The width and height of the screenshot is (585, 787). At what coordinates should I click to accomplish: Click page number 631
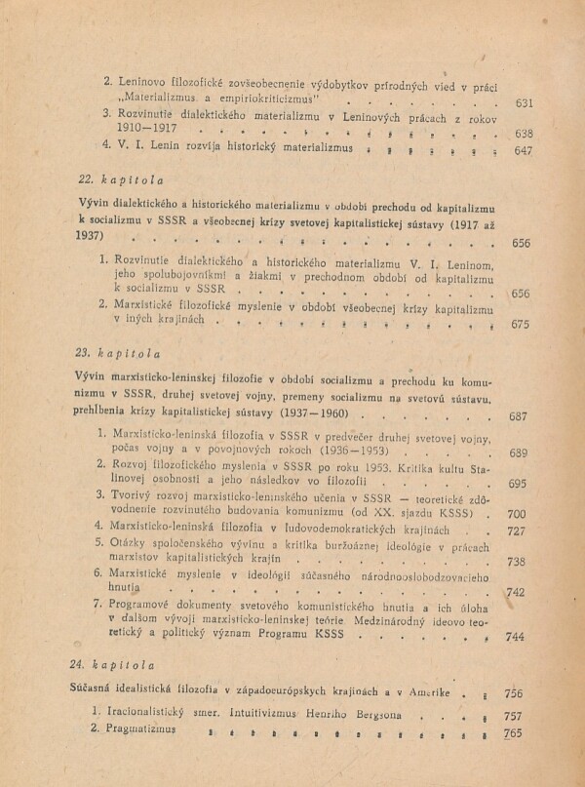click(524, 102)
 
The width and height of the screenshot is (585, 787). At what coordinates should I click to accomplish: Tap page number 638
click(524, 134)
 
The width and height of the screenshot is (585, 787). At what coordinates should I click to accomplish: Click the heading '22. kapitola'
click(121, 180)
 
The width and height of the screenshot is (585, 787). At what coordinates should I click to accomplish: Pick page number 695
click(519, 485)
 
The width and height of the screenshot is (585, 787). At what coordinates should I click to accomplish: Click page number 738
click(517, 563)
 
